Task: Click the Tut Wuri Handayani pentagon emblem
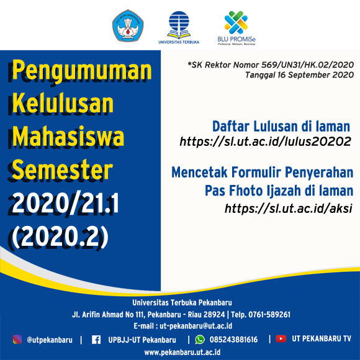click(128, 25)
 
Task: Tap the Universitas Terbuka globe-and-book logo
click(179, 27)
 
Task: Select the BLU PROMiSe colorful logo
click(236, 28)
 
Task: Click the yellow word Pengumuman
click(82, 70)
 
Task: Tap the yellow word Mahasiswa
click(68, 136)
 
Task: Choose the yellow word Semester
click(62, 169)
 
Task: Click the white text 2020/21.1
click(65, 203)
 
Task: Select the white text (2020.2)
click(60, 236)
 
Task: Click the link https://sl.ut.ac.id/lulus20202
click(265, 142)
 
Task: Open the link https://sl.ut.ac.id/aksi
click(289, 208)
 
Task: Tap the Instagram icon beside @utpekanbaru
click(17, 340)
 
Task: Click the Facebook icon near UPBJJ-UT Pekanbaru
click(96, 340)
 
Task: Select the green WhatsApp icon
click(200, 340)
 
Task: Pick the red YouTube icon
click(281, 339)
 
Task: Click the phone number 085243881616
click(233, 340)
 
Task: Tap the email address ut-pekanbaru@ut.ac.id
click(196, 326)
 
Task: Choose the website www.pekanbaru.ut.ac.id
click(182, 353)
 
